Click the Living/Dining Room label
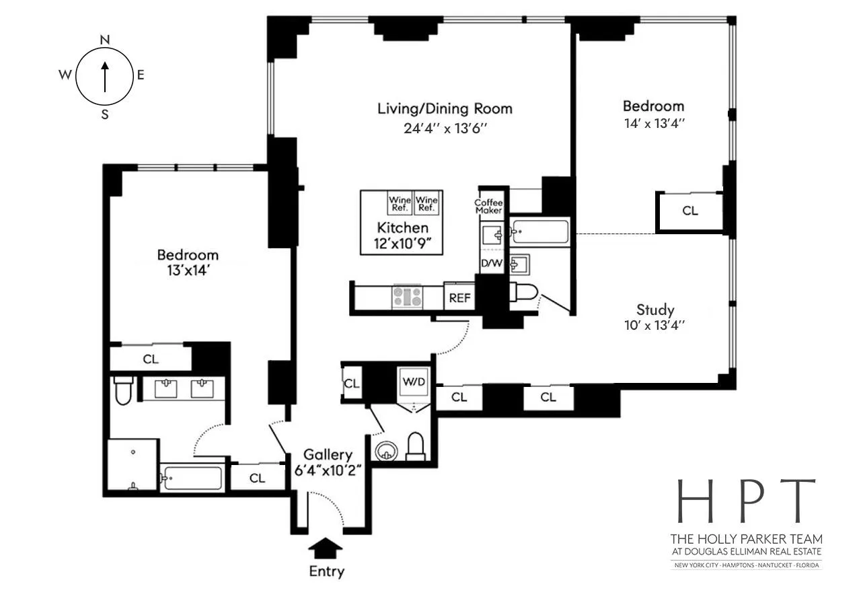(444, 108)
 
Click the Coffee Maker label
(489, 206)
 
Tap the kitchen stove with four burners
(408, 297)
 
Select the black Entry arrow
(326, 548)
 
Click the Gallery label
(327, 455)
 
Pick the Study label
(655, 310)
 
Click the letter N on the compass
(105, 40)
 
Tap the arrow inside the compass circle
(104, 76)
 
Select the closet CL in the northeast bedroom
(690, 211)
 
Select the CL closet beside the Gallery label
(257, 478)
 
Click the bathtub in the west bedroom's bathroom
(192, 479)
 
